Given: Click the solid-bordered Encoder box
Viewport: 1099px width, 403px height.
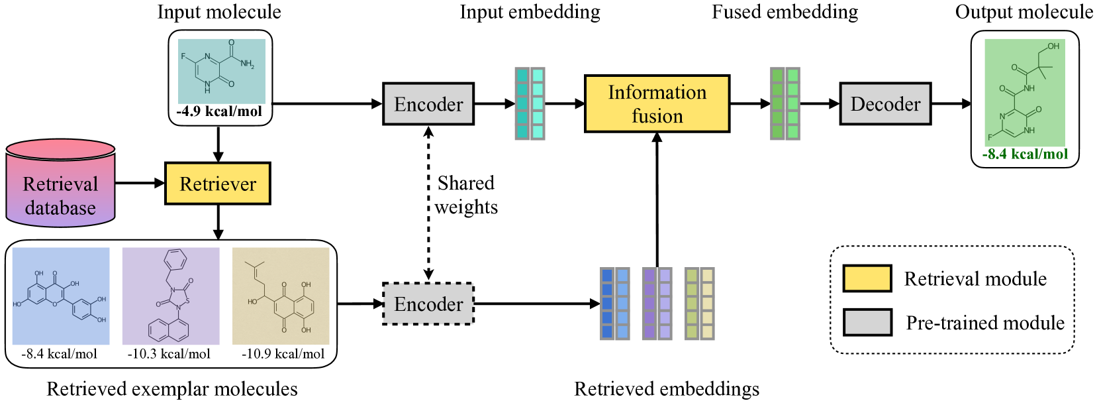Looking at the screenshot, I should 428,104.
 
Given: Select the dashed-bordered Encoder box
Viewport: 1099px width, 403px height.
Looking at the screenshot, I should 428,304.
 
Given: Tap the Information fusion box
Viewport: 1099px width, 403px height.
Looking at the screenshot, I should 657,104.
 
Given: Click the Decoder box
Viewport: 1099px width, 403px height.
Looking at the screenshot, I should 885,104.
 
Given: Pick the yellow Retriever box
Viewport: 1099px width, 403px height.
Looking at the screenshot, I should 218,184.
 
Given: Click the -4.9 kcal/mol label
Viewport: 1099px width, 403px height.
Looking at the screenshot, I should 219,111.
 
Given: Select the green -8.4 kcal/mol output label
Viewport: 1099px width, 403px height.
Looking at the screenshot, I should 1025,154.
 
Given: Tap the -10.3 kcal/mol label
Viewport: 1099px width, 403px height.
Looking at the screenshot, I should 169,354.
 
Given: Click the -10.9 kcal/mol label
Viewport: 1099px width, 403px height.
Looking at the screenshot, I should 283,354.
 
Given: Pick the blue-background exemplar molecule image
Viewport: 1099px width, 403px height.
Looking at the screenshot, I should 61,296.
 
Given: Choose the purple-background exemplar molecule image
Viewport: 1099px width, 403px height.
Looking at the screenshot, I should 171,296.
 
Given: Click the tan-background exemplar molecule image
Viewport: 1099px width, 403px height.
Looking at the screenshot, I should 281,296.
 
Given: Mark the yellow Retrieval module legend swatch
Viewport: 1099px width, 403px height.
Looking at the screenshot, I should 867,278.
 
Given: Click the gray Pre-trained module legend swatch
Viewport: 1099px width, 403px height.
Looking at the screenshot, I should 867,322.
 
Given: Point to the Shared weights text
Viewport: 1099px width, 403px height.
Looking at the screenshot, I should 466,195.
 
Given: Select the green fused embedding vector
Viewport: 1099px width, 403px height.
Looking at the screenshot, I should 785,103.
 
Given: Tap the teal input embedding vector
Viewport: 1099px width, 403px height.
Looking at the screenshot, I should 530,103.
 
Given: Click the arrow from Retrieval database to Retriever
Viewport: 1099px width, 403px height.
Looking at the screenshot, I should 140,183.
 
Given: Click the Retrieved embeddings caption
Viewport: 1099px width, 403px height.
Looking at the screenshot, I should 667,389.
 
